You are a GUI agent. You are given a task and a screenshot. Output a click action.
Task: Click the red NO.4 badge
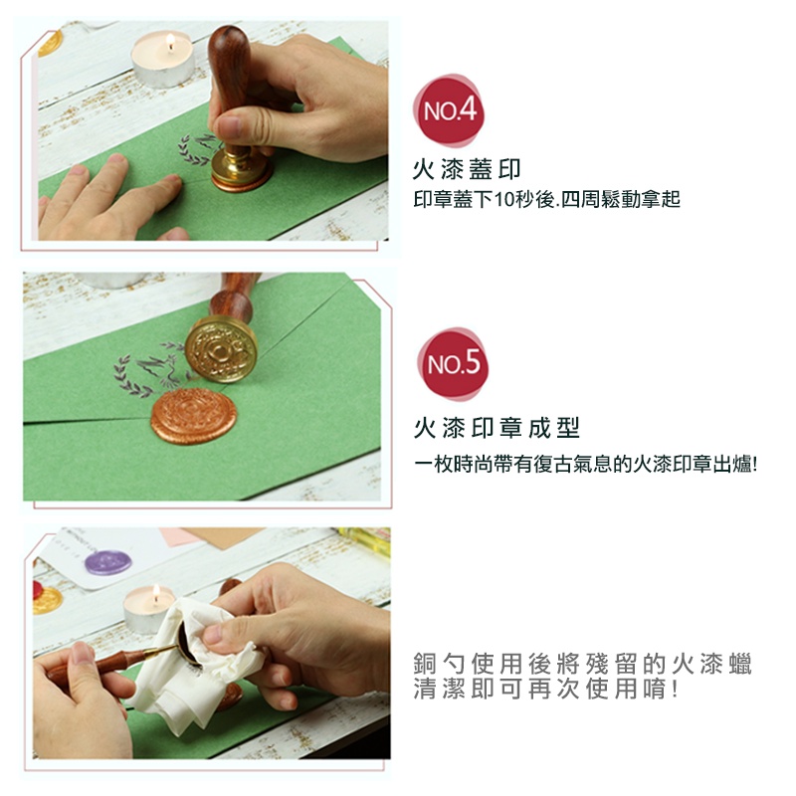pos(449,110)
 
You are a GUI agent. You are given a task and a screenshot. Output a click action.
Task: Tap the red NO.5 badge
pos(453,363)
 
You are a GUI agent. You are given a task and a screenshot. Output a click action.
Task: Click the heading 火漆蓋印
pos(467,169)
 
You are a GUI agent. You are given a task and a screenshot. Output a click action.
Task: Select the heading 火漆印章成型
pos(497,428)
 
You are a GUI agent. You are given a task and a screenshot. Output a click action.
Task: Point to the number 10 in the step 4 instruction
pos(504,200)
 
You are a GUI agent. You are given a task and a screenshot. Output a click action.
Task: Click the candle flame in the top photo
pos(170,42)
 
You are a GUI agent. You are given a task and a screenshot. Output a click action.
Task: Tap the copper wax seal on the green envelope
pos(193,416)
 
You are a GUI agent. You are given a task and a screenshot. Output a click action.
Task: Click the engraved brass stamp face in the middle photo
pos(221,350)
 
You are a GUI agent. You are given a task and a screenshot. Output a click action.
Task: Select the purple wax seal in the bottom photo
pos(108,562)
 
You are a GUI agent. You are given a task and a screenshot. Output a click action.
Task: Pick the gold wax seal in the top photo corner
pos(51,44)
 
